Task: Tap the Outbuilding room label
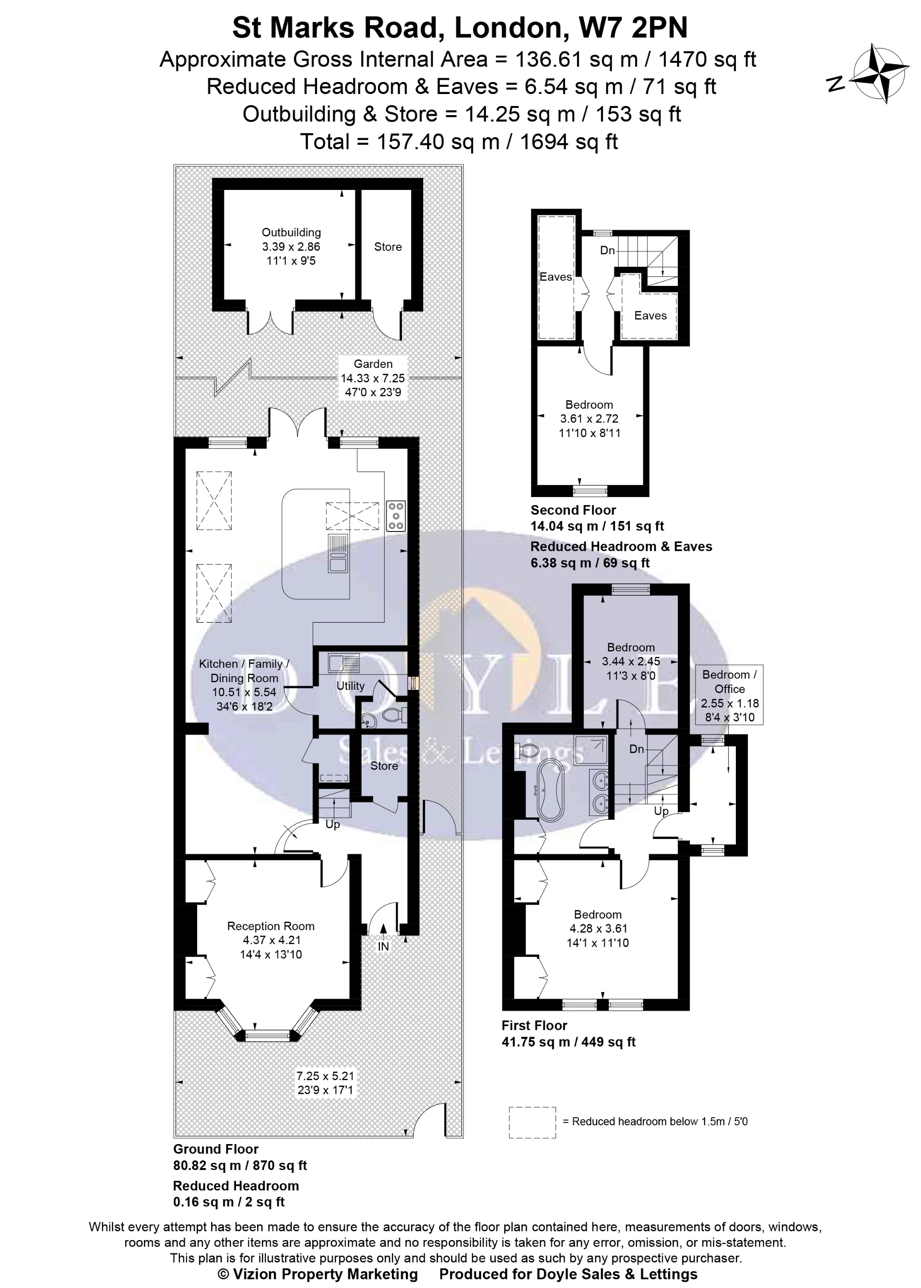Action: click(x=291, y=246)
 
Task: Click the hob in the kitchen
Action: click(x=396, y=516)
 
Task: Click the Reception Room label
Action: click(x=271, y=940)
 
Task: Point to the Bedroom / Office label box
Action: click(x=729, y=695)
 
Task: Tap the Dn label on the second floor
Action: click(x=607, y=250)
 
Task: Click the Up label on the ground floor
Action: click(x=332, y=824)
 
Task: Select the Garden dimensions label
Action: click(x=373, y=378)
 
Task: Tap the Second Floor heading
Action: click(x=573, y=509)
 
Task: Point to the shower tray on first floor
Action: click(x=591, y=750)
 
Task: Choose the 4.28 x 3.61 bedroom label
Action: click(x=598, y=928)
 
